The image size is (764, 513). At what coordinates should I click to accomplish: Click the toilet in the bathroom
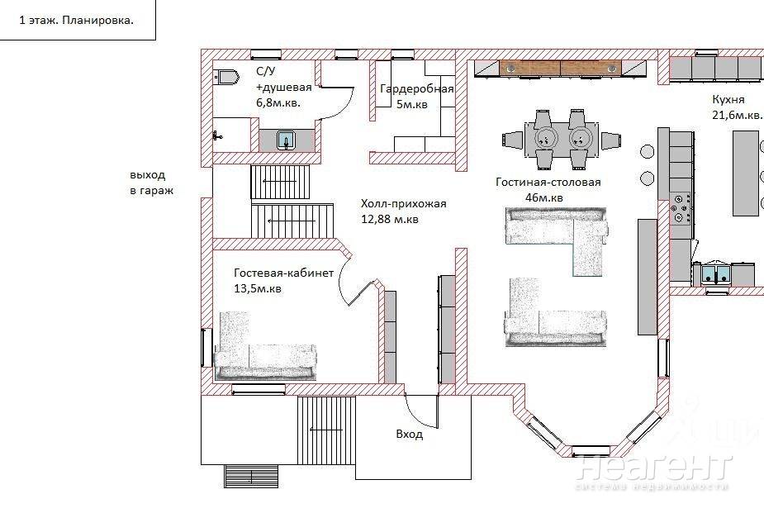226,77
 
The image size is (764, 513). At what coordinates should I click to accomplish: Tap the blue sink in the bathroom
287,140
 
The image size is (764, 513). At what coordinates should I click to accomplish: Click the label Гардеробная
416,89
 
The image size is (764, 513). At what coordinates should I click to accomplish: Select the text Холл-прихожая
403,204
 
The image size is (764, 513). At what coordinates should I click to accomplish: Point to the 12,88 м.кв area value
390,219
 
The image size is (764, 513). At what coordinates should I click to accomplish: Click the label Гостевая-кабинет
283,273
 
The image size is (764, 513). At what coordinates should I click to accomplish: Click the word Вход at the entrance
410,434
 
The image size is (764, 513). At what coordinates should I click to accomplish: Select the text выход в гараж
151,183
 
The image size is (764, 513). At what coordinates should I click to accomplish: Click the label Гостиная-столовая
548,183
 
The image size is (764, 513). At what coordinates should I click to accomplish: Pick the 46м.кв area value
544,197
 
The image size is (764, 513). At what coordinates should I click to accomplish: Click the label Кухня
728,100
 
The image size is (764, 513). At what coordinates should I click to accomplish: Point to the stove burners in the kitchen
681,209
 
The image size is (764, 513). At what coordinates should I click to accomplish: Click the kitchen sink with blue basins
716,273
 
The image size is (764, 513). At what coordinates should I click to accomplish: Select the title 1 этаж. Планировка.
77,21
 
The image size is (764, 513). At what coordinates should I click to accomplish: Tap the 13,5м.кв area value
258,288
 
